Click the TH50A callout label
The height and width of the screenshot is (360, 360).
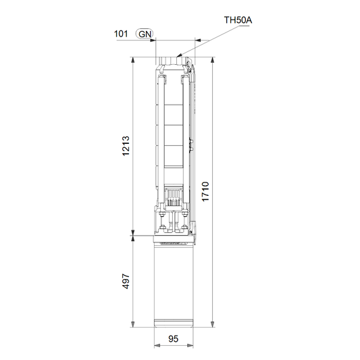tap(238, 20)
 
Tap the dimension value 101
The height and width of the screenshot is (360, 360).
tap(121, 34)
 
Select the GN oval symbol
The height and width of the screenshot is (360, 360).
tap(145, 34)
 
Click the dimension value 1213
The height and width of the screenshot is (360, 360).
tap(126, 146)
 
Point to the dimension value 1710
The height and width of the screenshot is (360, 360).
tap(205, 191)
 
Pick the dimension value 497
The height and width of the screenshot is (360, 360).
tap(126, 281)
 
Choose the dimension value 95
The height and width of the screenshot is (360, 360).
tap(173, 338)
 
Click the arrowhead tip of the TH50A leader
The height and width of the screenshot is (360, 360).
tap(177, 57)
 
